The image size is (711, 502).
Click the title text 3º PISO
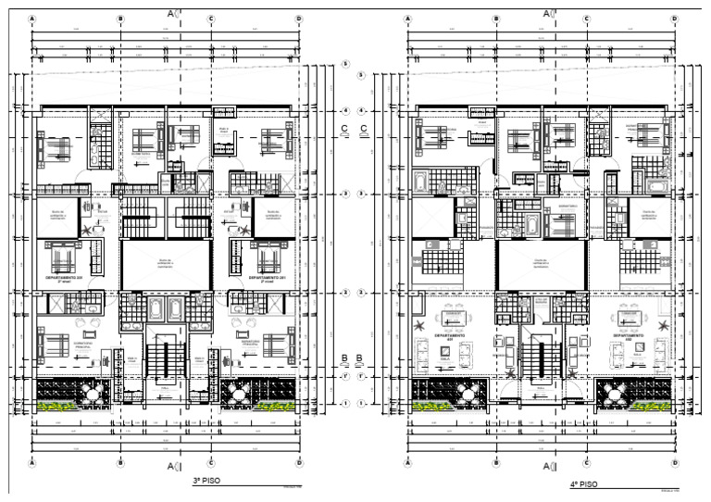(x=206, y=482)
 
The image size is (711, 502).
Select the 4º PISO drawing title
(x=583, y=483)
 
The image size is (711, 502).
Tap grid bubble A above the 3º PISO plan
(x=32, y=19)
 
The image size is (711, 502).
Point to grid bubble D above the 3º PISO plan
(x=298, y=19)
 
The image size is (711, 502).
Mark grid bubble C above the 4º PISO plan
(x=586, y=19)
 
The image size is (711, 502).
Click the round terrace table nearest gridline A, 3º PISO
(x=93, y=393)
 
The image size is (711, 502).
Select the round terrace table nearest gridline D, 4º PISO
(x=617, y=393)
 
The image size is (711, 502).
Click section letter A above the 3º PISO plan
(x=170, y=14)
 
